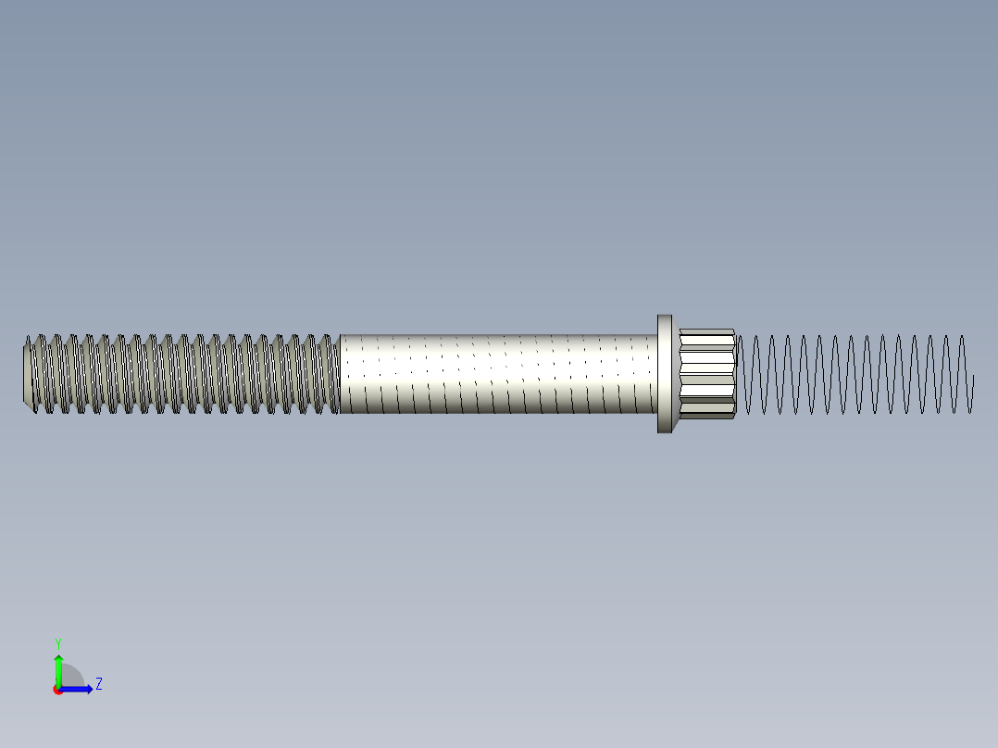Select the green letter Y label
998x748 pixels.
(x=58, y=642)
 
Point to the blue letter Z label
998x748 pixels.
(x=98, y=684)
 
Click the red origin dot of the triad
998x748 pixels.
(x=57, y=690)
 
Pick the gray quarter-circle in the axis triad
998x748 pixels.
(x=71, y=677)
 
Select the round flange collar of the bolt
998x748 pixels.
(x=665, y=374)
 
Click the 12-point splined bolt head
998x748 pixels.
(x=706, y=374)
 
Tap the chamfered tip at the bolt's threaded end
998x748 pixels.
(x=28, y=374)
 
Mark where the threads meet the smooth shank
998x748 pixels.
(x=340, y=374)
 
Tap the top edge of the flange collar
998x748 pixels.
(x=665, y=317)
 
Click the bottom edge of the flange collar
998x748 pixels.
(x=665, y=431)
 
